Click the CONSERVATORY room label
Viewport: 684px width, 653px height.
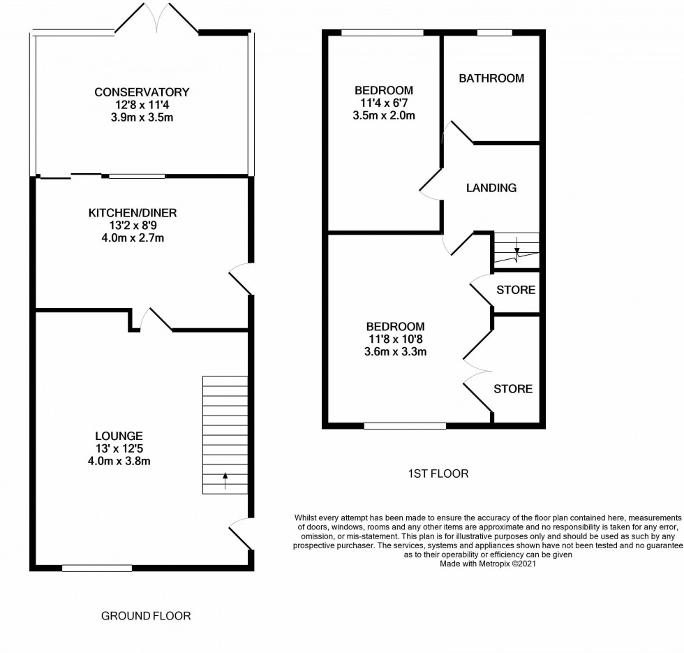[x=142, y=92]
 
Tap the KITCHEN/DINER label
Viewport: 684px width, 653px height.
[x=137, y=212]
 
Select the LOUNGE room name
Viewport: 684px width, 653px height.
[x=126, y=435]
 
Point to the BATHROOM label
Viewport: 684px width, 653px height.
[x=491, y=78]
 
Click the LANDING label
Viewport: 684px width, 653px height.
[x=491, y=188]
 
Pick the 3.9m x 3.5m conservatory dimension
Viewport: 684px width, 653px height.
[x=142, y=117]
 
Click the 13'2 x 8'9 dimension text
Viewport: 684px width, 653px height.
[x=137, y=226]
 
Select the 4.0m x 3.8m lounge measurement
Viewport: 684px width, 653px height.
[x=126, y=460]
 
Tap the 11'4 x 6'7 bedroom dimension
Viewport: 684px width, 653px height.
[x=383, y=103]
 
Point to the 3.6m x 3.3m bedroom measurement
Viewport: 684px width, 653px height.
[x=396, y=352]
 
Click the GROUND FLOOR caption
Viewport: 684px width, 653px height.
[x=146, y=616]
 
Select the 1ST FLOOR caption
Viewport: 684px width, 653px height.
[x=438, y=474]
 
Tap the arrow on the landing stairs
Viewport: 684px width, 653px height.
[x=516, y=246]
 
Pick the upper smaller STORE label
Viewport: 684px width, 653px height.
[x=516, y=290]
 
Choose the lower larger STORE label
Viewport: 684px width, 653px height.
[x=513, y=389]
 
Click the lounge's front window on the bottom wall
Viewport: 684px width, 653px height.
[x=97, y=568]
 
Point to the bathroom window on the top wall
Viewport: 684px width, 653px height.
[x=494, y=32]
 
